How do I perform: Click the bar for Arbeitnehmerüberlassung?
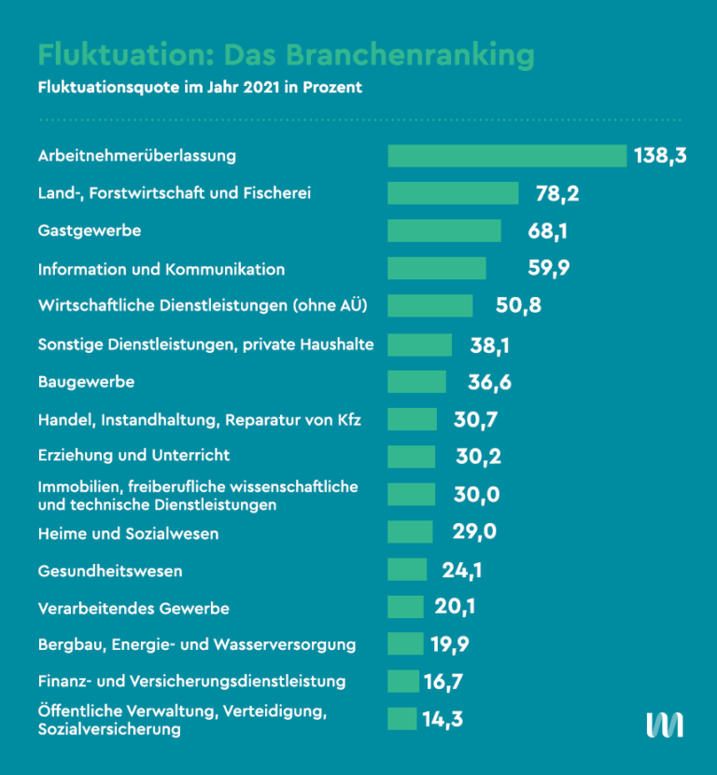[x=507, y=156]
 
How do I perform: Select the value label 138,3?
[x=660, y=156]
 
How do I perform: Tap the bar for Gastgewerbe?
[x=444, y=231]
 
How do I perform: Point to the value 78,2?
[x=557, y=194]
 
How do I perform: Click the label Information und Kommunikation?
[x=162, y=269]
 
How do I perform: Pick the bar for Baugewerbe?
[x=416, y=382]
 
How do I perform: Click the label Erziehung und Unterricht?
[x=134, y=456]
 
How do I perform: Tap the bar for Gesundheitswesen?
[x=407, y=570]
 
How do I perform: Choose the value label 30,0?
[x=477, y=495]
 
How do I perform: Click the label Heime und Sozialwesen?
[x=128, y=534]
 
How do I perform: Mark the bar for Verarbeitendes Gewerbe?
[x=405, y=607]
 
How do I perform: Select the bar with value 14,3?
[x=401, y=719]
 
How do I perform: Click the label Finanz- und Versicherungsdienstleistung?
[x=191, y=681]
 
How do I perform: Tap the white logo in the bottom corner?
[x=665, y=725]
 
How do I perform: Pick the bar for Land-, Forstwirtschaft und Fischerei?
[x=453, y=193]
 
